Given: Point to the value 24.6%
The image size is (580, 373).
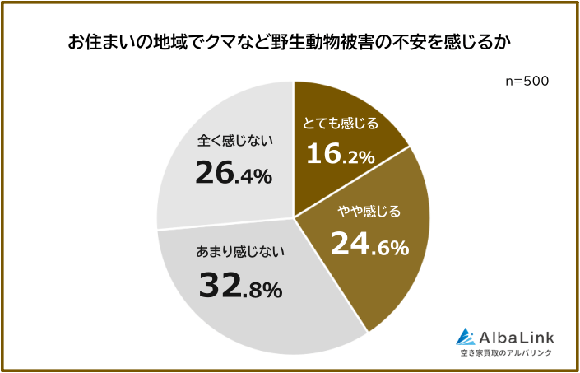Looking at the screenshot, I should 369,243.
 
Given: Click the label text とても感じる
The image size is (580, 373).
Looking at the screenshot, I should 341,124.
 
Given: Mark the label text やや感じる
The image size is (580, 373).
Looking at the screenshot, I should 369,212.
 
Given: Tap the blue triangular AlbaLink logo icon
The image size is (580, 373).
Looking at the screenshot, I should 466,336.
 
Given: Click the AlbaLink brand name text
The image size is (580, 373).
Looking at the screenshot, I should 517,336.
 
